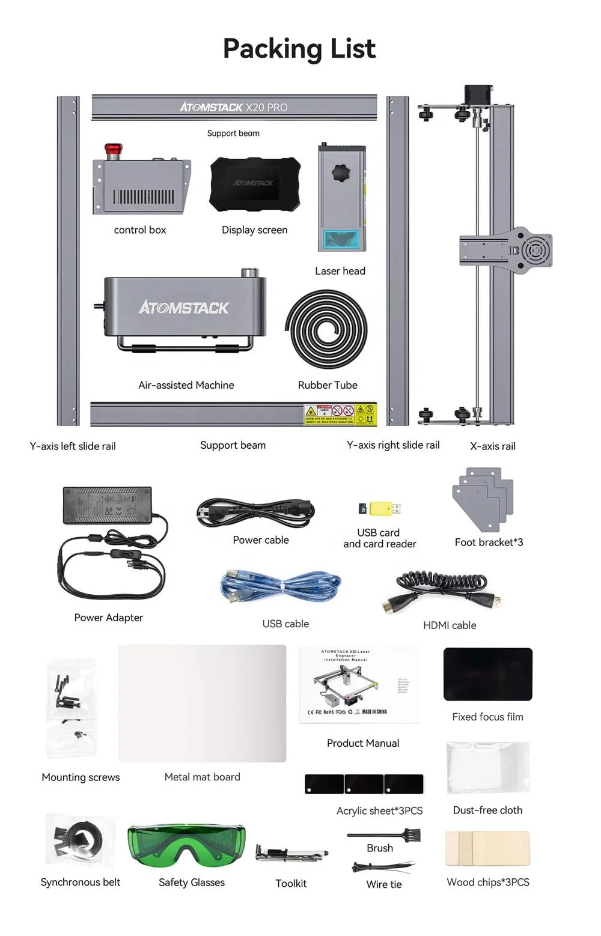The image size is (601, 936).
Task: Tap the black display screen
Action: tap(255, 184)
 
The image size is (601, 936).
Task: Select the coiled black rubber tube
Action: tap(326, 329)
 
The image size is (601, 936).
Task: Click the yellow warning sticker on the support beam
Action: tap(340, 415)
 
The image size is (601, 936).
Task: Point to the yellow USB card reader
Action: tap(381, 509)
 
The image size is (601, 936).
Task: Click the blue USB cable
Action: tap(280, 587)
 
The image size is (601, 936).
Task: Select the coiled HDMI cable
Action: tap(442, 588)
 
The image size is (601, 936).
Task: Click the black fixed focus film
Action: tap(487, 674)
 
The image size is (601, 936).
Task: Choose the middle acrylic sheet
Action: tap(364, 784)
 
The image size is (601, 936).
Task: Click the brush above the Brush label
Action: tap(385, 834)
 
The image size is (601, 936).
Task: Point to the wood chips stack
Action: tap(487, 848)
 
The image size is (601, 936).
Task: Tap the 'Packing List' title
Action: tap(299, 49)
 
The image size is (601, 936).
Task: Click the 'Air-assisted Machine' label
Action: tap(186, 385)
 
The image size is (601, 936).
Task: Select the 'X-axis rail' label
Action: tap(493, 446)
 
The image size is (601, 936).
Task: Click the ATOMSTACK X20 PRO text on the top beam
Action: tap(234, 108)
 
